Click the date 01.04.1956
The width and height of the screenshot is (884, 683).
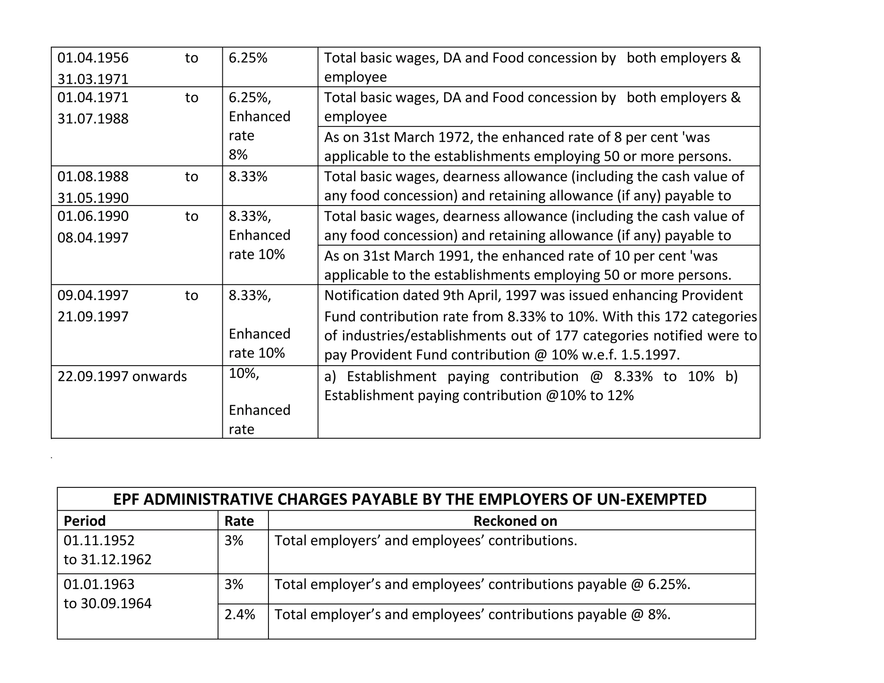[93, 58]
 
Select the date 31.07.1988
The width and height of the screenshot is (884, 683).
[93, 119]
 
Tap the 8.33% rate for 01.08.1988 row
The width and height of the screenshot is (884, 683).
[248, 177]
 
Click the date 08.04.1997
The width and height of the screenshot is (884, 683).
[93, 238]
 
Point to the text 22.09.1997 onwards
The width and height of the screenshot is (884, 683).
[122, 376]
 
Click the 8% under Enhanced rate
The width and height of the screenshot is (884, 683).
[238, 155]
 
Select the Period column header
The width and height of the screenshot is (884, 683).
[85, 521]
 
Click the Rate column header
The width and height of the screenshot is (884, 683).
[239, 521]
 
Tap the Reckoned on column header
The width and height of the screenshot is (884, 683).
[515, 521]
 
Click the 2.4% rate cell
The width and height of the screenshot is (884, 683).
[240, 614]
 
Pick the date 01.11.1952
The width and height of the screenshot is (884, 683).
[99, 541]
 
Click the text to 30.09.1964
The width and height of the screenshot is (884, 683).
[107, 603]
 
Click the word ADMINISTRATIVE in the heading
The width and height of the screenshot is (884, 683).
[209, 499]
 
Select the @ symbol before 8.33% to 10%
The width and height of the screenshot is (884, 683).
[596, 376]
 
